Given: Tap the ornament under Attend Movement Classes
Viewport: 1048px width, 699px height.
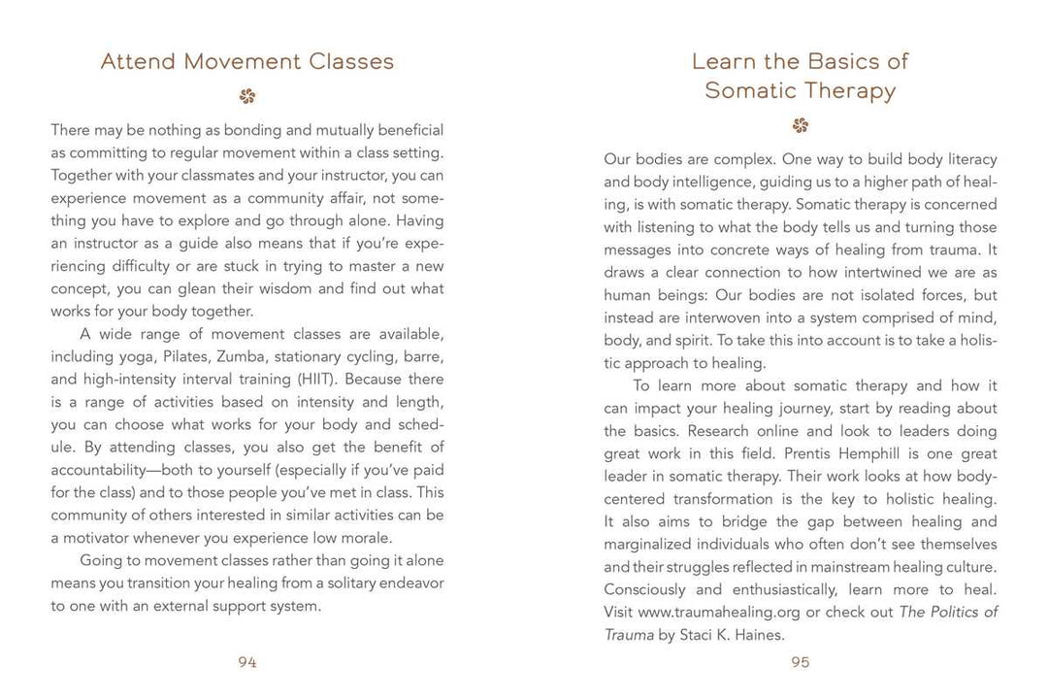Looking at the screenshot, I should click(x=247, y=96).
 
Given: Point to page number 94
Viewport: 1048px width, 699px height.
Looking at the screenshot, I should click(x=247, y=662).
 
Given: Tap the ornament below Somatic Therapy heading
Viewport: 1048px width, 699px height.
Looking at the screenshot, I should click(x=801, y=125).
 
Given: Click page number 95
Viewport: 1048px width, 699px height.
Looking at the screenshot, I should click(x=801, y=662).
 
